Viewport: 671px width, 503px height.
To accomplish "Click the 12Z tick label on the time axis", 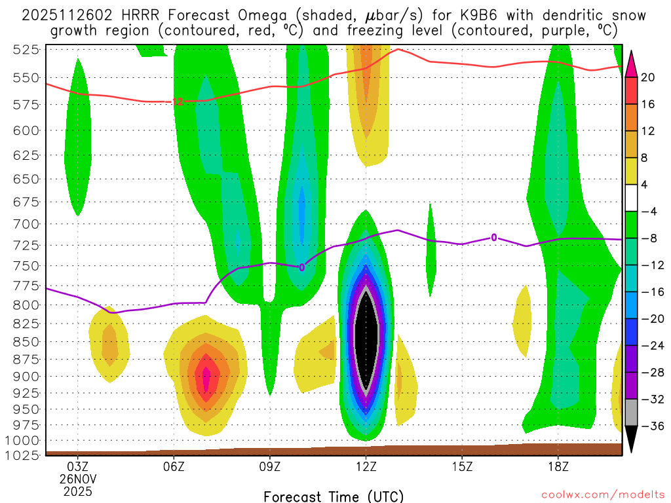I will (x=366, y=468).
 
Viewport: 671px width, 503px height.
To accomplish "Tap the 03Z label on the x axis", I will (x=78, y=468).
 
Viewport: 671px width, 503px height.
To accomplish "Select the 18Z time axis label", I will (x=558, y=468).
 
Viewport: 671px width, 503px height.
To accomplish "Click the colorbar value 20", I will (x=648, y=77).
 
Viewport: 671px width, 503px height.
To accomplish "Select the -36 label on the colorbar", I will (x=651, y=426).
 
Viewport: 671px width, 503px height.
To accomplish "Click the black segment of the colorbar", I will (x=632, y=435).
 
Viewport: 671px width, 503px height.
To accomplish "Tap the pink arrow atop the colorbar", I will (x=632, y=63).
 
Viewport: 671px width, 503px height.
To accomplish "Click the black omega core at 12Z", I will (x=366, y=341).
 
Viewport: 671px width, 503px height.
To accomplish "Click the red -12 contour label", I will (x=176, y=102).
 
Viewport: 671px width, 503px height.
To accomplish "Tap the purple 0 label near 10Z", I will (x=301, y=267).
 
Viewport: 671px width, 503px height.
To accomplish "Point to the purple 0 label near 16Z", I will (x=493, y=238).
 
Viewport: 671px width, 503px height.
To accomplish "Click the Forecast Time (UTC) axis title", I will (x=334, y=496).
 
